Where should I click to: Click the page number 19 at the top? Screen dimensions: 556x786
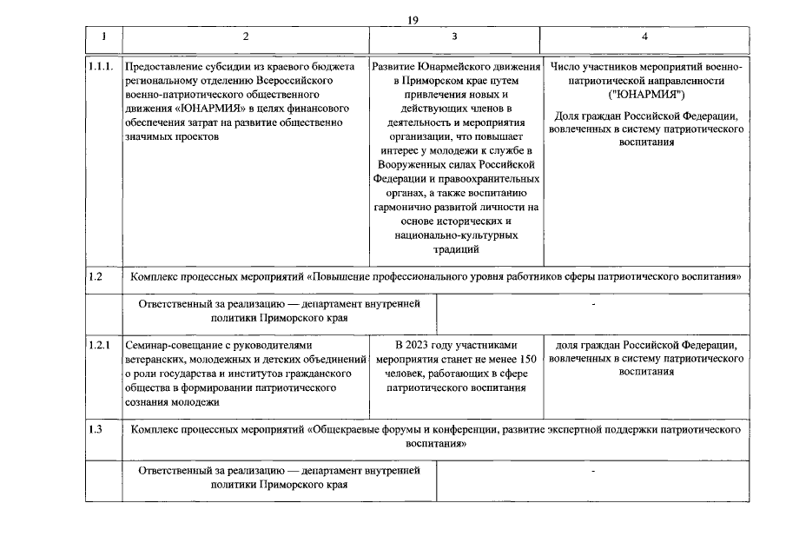click(413, 20)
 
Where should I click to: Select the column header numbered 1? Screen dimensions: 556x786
click(103, 37)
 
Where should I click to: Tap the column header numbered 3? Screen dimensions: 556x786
click(455, 37)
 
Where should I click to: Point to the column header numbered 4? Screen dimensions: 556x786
click(644, 37)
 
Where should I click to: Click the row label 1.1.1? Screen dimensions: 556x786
click(101, 67)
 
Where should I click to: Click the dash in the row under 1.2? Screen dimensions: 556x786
click(593, 306)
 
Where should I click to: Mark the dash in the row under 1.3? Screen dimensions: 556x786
click(593, 472)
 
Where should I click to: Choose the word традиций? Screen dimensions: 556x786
click(455, 249)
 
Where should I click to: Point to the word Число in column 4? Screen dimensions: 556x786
click(566, 67)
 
